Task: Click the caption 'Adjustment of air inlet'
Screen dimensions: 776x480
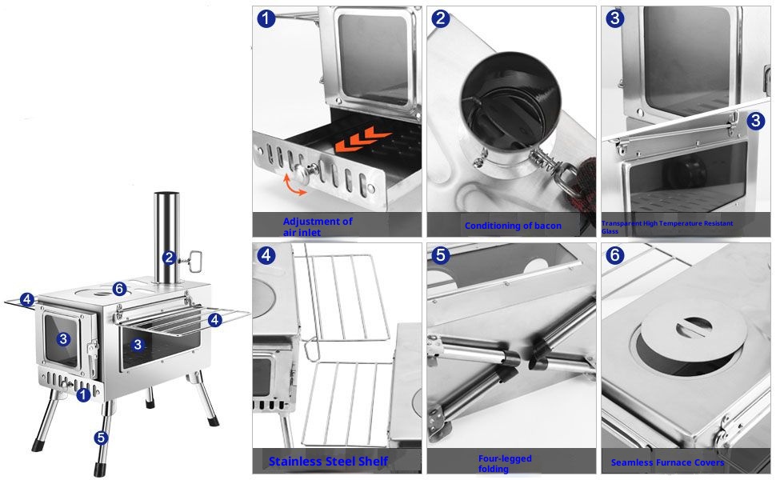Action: tap(318, 226)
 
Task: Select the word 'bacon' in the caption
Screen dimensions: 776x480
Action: tap(548, 226)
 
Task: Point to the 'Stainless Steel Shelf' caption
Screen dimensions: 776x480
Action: tap(328, 461)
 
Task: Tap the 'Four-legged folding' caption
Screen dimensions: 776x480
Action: tap(505, 463)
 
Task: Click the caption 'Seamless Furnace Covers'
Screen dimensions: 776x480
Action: tap(667, 462)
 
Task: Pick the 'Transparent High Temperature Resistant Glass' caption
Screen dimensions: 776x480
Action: tap(667, 227)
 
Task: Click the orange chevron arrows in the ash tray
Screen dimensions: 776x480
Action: tap(362, 138)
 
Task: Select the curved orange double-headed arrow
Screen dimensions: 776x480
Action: tap(294, 185)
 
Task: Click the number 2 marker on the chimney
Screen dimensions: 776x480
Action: tap(170, 258)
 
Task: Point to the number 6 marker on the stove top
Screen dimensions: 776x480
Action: tap(119, 289)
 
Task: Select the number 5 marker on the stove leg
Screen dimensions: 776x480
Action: tap(101, 438)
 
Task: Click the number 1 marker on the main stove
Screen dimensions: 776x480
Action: tap(83, 395)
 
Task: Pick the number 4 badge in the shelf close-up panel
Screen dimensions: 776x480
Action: tap(266, 255)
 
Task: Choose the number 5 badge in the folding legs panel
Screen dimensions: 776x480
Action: tap(441, 255)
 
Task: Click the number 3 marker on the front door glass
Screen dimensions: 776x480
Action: tap(63, 339)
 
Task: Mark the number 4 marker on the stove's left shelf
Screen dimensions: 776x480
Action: tap(27, 299)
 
